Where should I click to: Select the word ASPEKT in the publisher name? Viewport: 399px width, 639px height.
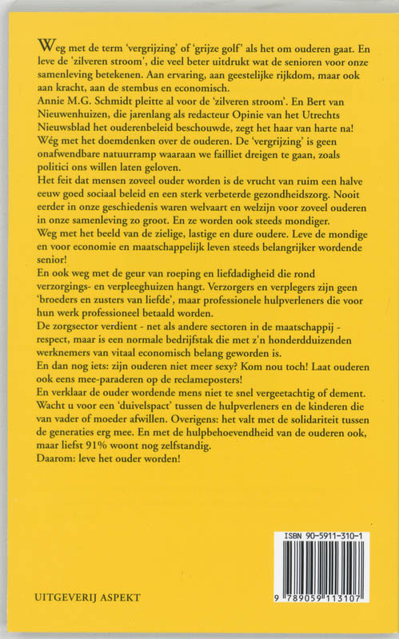point(106,594)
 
